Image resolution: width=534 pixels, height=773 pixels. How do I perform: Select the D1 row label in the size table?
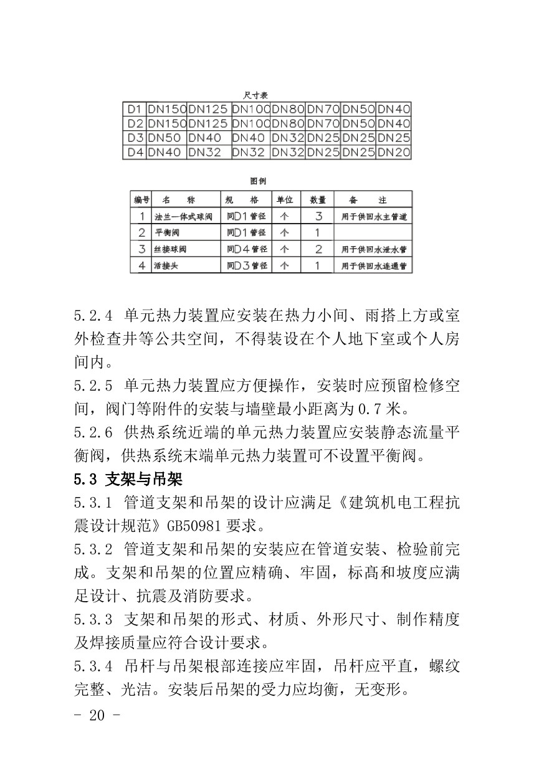135,109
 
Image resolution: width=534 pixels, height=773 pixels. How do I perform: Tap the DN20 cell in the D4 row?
394,152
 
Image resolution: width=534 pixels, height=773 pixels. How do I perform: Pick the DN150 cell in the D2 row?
167,123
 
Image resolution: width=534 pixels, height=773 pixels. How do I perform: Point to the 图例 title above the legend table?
259,181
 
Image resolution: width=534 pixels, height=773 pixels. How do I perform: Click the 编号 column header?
141,200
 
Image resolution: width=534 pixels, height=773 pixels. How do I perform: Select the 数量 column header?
318,200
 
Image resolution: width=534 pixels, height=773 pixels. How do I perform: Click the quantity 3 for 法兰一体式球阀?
318,217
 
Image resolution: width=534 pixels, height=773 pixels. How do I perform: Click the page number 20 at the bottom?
97,715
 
